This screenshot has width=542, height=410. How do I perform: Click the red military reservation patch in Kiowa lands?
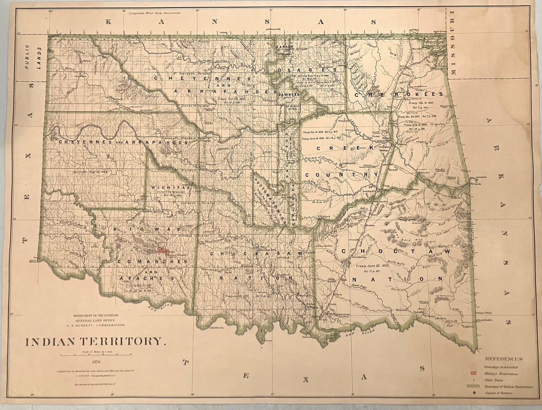(x=163, y=251)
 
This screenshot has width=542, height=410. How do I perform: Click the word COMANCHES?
(x=152, y=262)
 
